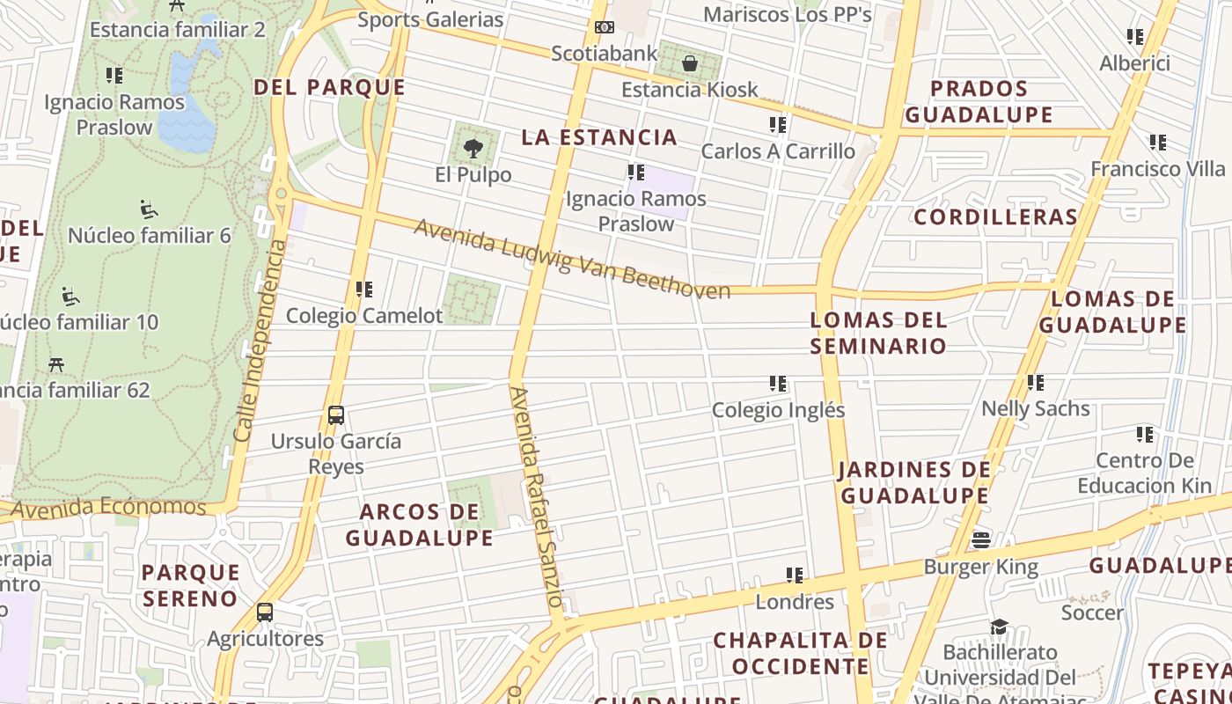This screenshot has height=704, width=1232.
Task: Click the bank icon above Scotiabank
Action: (x=604, y=27)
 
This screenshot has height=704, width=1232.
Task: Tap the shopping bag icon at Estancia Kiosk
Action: (x=690, y=63)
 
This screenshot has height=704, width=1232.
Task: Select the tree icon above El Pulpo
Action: (x=473, y=148)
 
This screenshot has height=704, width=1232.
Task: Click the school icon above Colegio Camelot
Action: (x=364, y=289)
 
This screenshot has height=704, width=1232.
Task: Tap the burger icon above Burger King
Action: (x=981, y=539)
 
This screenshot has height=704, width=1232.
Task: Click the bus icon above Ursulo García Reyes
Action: (x=335, y=415)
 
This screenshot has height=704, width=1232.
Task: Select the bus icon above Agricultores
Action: (x=265, y=612)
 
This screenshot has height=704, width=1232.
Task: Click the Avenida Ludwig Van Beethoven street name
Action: (x=572, y=260)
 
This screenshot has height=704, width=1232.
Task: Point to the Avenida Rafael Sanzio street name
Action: (x=536, y=498)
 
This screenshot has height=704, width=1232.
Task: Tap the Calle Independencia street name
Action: (x=260, y=340)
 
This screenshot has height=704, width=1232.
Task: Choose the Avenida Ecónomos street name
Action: (x=108, y=508)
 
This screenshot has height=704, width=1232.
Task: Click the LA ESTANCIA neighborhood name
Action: (x=599, y=137)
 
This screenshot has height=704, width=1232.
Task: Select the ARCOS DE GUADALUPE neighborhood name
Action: (x=420, y=524)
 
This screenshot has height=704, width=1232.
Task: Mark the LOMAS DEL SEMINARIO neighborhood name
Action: (x=878, y=333)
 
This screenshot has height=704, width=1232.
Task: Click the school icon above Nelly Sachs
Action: (x=1036, y=383)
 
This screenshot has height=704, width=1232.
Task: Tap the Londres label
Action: (x=795, y=602)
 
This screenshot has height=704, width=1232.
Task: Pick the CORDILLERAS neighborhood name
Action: (x=995, y=217)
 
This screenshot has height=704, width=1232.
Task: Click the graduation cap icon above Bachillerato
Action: (x=999, y=627)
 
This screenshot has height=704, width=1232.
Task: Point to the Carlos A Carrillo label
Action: (x=778, y=151)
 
